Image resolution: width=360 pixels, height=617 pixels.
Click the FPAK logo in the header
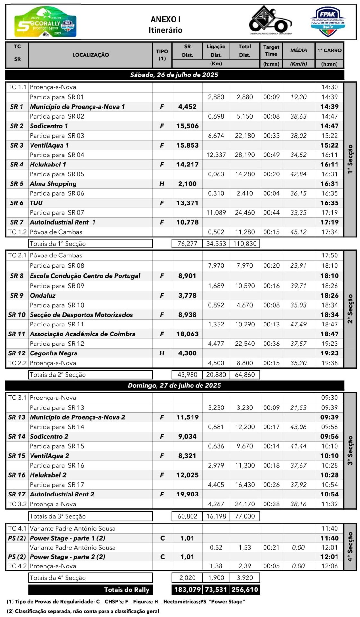pos(328,22)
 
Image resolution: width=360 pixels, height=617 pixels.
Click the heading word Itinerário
pos(165,30)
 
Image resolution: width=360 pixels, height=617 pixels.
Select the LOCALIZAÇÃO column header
pos(90,55)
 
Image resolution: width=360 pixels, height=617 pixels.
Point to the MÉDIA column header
pos(298,50)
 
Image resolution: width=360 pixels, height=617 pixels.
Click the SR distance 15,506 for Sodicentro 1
pos(187,126)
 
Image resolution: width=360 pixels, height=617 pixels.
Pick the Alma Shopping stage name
pos(53,184)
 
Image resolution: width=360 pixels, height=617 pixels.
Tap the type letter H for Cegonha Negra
pos(162,353)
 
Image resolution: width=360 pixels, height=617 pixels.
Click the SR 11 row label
pos(17,334)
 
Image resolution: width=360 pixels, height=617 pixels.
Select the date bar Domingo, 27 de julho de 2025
pos(174,385)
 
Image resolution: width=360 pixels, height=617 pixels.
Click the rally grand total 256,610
pos(245,590)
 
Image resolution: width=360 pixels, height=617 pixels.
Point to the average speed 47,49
pos(298,324)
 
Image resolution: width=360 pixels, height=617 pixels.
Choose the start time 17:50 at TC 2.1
pos(329,255)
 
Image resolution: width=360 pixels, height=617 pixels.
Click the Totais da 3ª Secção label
pos(58,516)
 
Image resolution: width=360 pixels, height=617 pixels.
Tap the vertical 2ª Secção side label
pos(350,308)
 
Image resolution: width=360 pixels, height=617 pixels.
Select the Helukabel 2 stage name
pos(48,475)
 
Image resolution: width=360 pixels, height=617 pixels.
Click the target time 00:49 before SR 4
pos(271,155)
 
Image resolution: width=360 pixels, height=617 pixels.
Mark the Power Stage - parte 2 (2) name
pos(67,557)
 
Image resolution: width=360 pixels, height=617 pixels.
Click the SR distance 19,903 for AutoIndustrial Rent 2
pos(187,494)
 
